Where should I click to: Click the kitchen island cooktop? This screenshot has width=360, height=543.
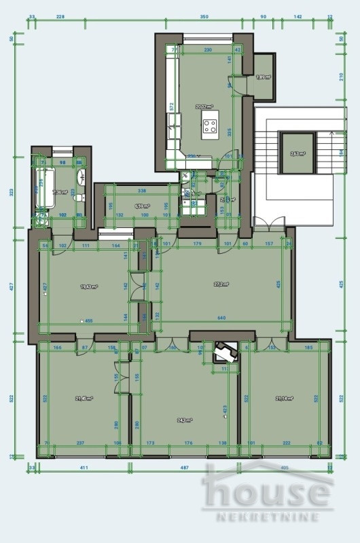click(x=210, y=125)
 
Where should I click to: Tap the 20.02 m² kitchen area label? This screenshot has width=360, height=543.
click(x=203, y=107)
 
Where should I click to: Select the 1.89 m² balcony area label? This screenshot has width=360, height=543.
click(x=262, y=77)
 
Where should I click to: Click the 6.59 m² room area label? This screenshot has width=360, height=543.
click(x=142, y=205)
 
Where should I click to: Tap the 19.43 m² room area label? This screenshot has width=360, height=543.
click(x=88, y=287)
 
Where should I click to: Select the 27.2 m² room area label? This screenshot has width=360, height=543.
click(x=221, y=285)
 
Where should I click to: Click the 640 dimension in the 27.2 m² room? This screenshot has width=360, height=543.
click(x=221, y=318)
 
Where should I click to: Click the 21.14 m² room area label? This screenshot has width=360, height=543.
click(x=284, y=398)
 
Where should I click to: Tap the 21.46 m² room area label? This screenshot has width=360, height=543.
click(x=84, y=398)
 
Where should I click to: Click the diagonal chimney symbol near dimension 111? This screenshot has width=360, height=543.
click(x=223, y=353)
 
